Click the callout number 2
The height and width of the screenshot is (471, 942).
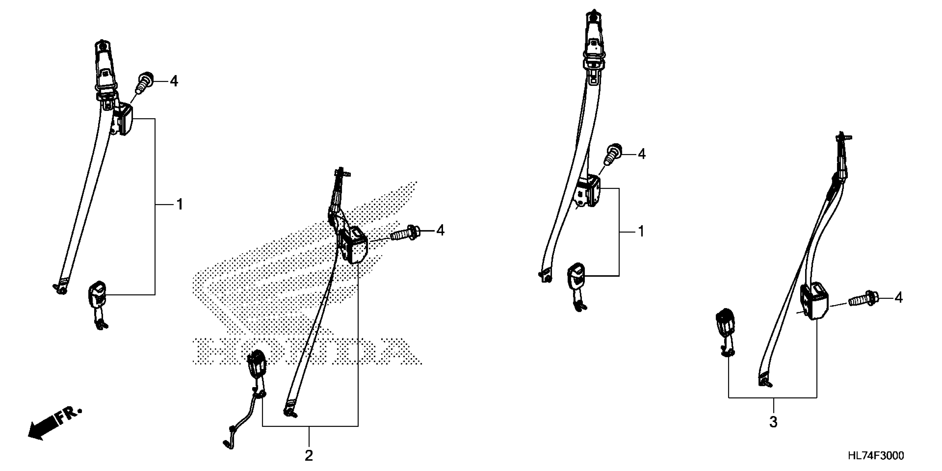tap(309, 456)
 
